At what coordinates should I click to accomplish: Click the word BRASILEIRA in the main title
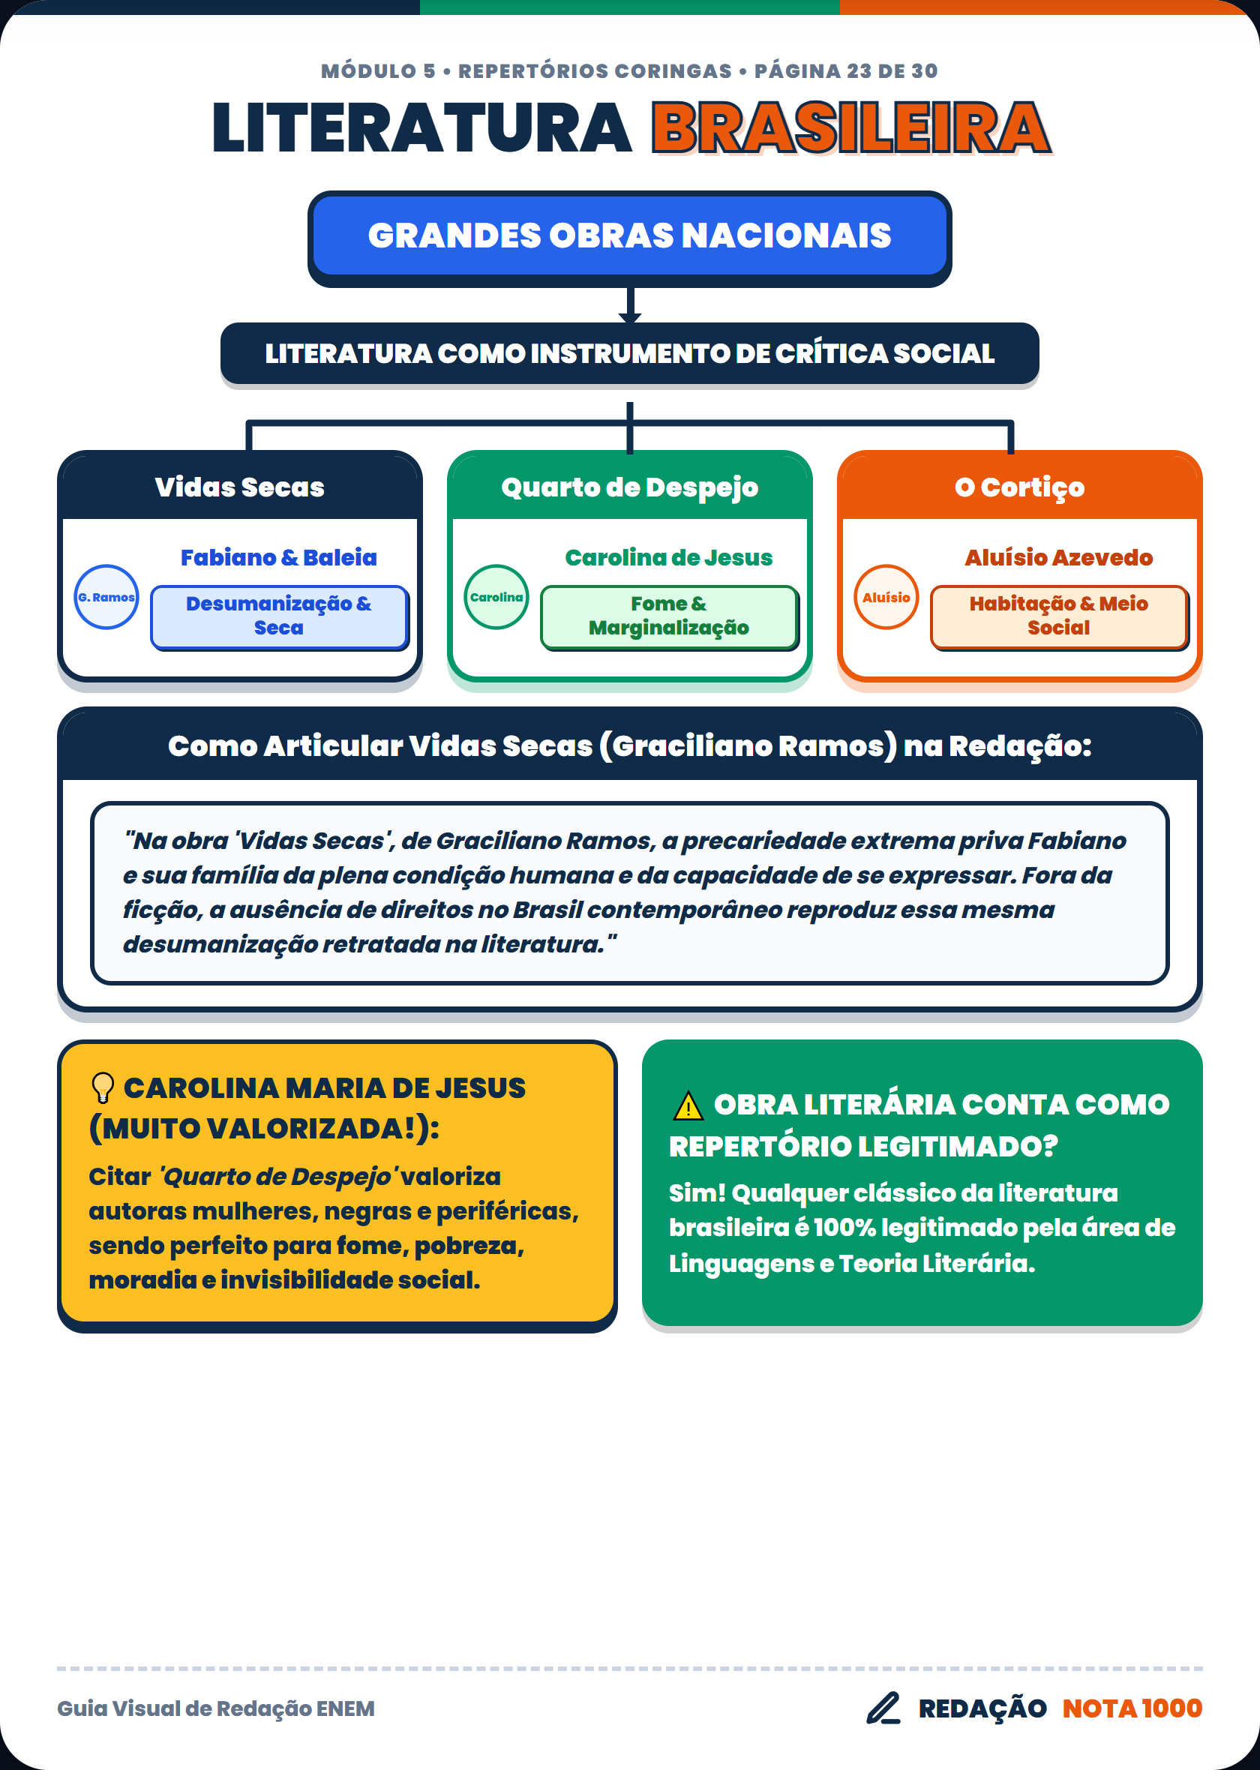(851, 128)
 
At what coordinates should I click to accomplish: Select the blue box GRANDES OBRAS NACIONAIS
(629, 235)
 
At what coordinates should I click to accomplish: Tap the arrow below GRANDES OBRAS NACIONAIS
(630, 304)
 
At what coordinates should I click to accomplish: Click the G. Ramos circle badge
(106, 596)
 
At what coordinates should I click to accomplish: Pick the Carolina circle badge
(496, 596)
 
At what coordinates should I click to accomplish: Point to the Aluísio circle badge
(886, 596)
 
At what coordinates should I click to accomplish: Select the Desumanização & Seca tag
(279, 616)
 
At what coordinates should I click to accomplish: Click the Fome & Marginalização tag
(669, 616)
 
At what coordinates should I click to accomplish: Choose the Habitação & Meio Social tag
(1059, 616)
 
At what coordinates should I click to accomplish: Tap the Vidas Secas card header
(240, 486)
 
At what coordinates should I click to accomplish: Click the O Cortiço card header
(1019, 486)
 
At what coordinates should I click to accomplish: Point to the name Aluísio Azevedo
(1058, 557)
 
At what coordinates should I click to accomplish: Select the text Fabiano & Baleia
(278, 557)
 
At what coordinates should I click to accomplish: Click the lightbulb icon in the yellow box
(103, 1087)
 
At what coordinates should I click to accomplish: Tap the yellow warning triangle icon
(688, 1106)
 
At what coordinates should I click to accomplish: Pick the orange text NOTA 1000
(1132, 1708)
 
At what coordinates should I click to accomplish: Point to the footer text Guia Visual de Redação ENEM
(216, 1708)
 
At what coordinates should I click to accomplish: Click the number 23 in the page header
(859, 71)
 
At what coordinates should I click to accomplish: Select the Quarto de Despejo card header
(629, 486)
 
